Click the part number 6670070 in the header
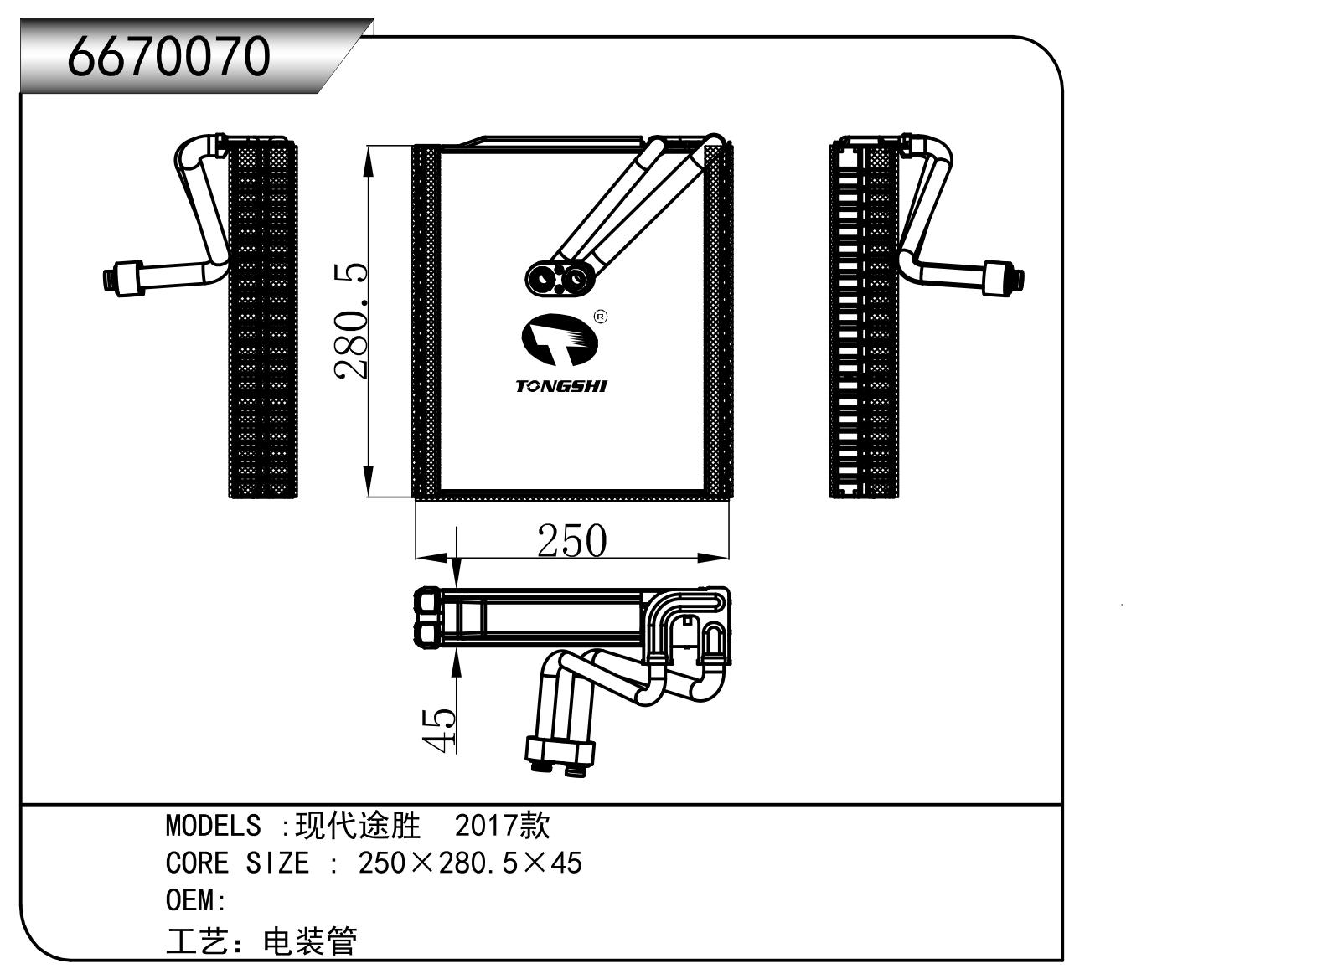168,57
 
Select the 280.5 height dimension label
351,322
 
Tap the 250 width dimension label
571,540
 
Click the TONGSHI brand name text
560,386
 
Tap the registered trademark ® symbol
600,317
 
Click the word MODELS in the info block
213,826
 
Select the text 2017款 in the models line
502,826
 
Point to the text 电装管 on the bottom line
310,941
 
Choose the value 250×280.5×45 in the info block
470,863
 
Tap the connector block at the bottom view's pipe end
560,750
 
